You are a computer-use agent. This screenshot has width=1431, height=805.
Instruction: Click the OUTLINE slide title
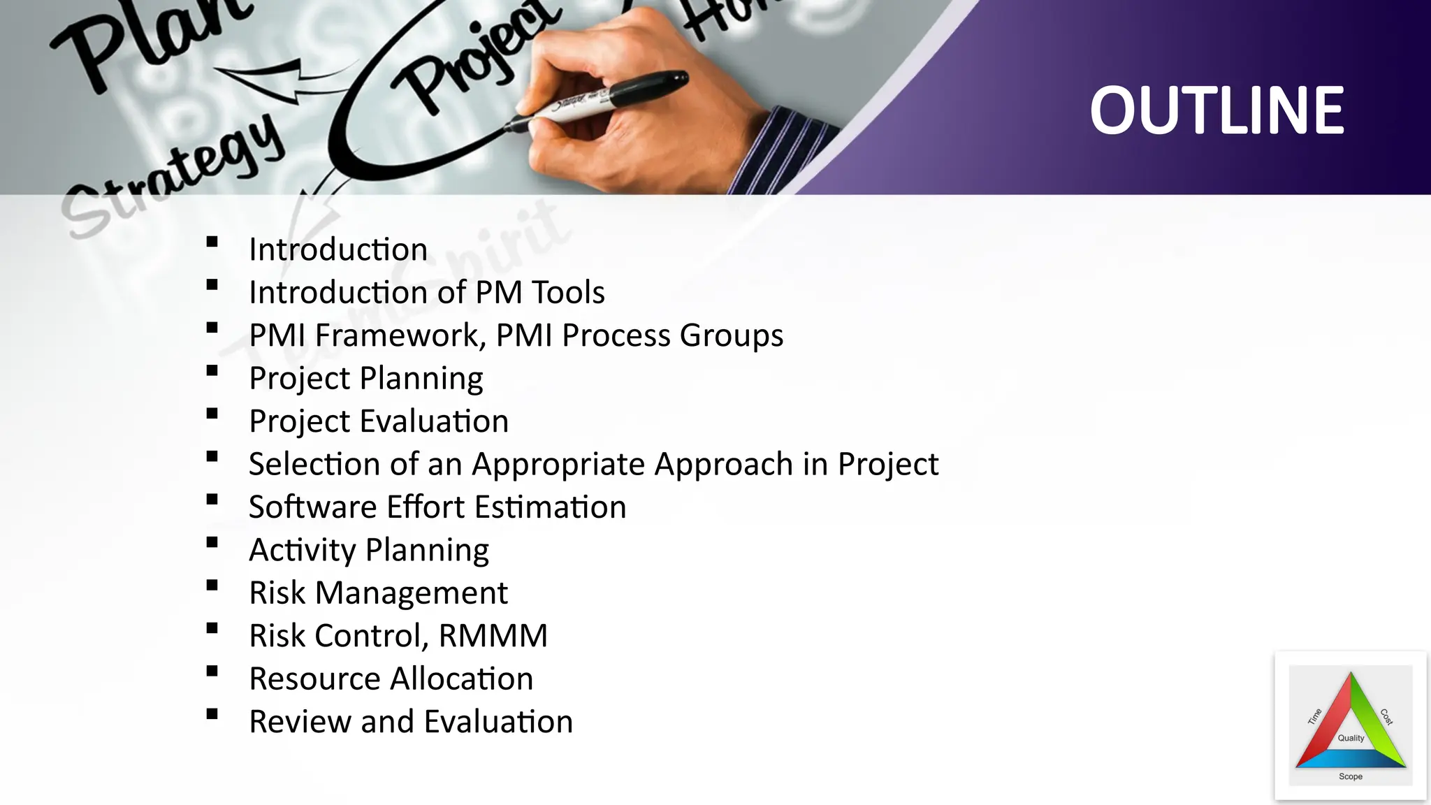tap(1216, 110)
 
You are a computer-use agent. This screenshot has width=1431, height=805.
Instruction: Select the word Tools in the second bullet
tap(568, 292)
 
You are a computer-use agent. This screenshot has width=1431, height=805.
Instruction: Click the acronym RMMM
tap(493, 636)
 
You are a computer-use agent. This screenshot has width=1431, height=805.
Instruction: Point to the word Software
tap(312, 507)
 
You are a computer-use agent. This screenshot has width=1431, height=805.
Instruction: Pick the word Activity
tap(303, 550)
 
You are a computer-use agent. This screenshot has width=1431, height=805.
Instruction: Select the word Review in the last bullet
tap(300, 722)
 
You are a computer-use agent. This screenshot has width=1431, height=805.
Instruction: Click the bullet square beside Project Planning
tap(212, 371)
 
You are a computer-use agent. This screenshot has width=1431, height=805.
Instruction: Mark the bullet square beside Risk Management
tap(212, 586)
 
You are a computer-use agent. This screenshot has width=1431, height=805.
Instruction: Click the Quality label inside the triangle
tap(1351, 738)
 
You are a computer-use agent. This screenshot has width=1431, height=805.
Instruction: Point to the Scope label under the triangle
tap(1351, 776)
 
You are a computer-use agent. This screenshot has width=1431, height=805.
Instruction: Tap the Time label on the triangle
tap(1315, 716)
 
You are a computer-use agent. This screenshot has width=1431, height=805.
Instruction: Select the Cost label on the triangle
tap(1386, 716)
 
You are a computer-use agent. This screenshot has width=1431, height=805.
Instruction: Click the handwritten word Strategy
tap(175, 175)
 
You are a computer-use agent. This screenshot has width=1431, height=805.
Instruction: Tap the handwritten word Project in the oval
tap(475, 59)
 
